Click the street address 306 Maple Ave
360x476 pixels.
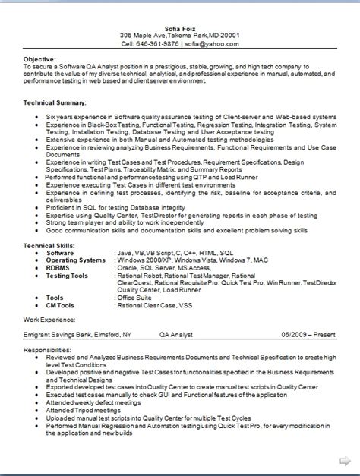(147, 35)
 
